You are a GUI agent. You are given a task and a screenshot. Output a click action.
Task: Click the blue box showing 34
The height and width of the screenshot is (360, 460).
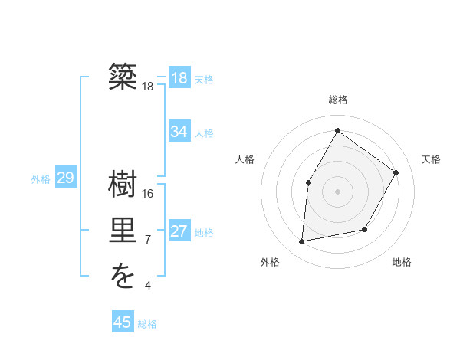pos(179,132)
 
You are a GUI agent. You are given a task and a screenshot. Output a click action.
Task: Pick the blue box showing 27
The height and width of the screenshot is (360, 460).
pos(179,231)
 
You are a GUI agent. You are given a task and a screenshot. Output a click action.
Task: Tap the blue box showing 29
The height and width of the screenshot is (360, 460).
pos(65,178)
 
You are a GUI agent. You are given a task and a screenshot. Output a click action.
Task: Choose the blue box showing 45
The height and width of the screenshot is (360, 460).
pos(123,322)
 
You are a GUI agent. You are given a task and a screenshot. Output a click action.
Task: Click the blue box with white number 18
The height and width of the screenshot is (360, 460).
pos(179,78)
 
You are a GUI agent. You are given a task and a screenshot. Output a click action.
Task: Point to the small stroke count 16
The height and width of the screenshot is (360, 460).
pos(148,194)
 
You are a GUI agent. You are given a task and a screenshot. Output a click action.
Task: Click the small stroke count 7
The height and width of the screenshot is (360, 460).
pos(148,240)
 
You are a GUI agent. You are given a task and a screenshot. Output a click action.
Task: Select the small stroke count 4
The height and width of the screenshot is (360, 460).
pos(148,286)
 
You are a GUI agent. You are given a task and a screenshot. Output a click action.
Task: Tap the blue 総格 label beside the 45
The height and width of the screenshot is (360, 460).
pos(147,324)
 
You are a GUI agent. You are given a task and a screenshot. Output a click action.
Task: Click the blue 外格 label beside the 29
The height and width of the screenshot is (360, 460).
pos(41,179)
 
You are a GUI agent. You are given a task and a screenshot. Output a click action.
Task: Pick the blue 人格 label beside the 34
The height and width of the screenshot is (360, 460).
pos(204,133)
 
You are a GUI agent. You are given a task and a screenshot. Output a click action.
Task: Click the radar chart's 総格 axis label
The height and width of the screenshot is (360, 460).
pos(337,100)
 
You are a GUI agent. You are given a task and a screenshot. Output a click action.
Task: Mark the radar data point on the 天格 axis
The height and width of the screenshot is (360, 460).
pos(396,172)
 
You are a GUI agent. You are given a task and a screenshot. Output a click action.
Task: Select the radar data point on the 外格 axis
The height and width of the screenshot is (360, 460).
pos(302,242)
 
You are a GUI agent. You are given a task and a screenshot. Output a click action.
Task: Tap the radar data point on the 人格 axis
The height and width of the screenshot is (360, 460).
pos(309,182)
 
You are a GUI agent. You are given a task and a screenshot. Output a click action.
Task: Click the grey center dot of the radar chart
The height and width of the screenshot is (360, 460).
pos(337,191)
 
